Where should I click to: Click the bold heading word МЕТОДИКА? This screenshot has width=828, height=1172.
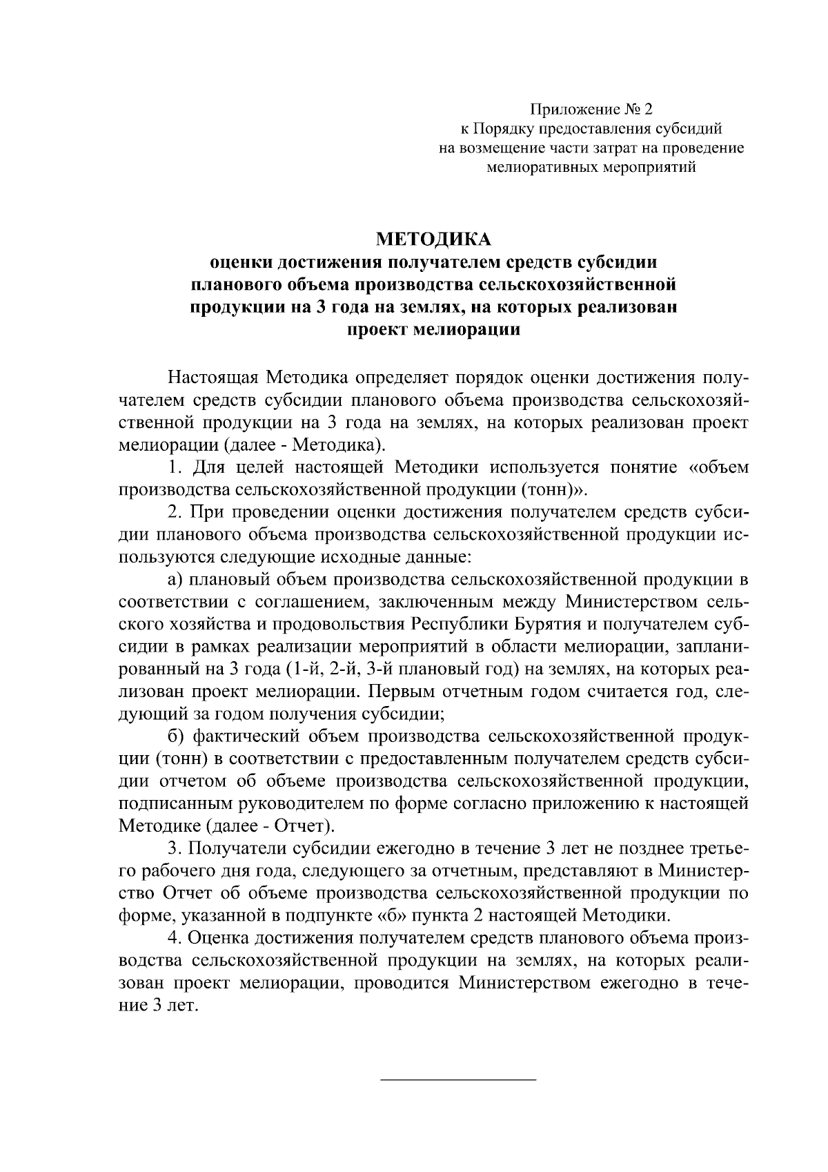pos(433,240)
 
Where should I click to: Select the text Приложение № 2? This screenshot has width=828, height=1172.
pos(591,109)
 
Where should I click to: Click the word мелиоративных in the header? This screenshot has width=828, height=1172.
pos(540,167)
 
